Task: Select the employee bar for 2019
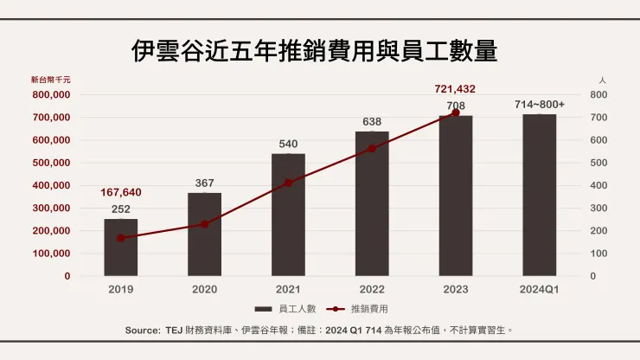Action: pos(120,247)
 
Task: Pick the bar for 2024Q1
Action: pos(540,195)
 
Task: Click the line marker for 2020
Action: pos(204,224)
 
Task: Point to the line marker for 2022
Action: pos(372,148)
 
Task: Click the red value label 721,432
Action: pos(455,89)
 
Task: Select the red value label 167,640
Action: pos(120,192)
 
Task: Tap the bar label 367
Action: pos(204,183)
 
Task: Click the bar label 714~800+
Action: pos(540,104)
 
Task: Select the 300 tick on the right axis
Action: pos(598,208)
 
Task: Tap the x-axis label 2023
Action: pos(455,289)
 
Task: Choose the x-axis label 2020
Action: pos(204,289)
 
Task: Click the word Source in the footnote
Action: pos(143,330)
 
